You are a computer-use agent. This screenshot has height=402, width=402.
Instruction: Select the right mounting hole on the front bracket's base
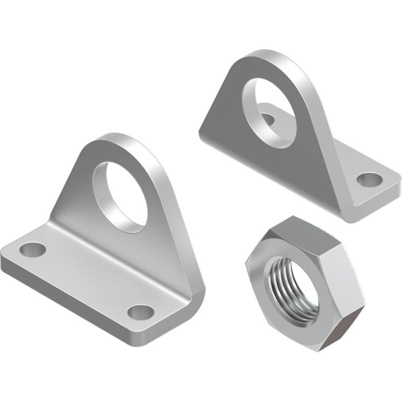141,312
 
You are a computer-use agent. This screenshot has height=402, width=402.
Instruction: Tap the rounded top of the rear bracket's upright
264,57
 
